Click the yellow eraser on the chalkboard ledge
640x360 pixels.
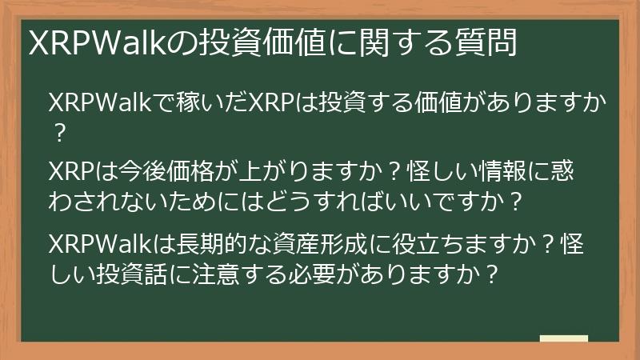coord(563,339)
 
